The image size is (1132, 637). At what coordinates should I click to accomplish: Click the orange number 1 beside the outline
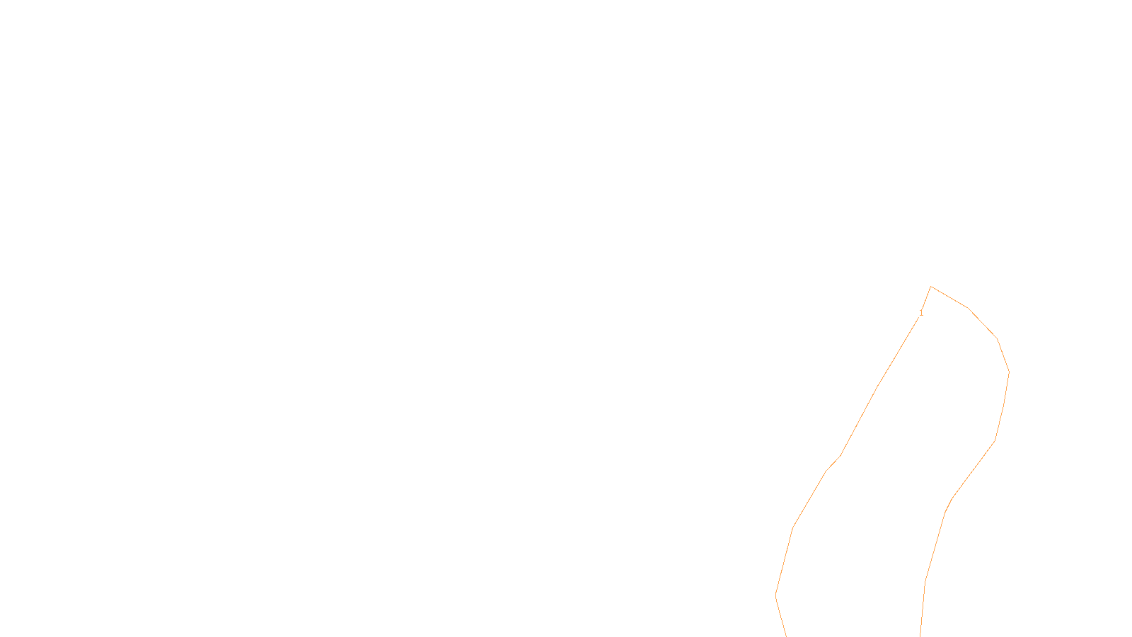pyautogui.click(x=921, y=313)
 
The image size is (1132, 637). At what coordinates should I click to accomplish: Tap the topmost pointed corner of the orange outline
pyautogui.click(x=931, y=287)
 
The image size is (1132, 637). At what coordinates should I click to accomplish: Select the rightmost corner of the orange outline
pyautogui.click(x=1009, y=372)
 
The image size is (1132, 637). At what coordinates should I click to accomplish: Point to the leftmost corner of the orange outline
pyautogui.click(x=776, y=595)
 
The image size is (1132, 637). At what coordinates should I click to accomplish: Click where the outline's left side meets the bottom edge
pyautogui.click(x=787, y=636)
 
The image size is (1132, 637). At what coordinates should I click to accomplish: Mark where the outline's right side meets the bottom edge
pyautogui.click(x=920, y=636)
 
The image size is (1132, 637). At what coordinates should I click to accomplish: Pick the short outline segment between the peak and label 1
pyautogui.click(x=927, y=298)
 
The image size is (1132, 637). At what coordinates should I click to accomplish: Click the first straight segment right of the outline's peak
pyautogui.click(x=949, y=297)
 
